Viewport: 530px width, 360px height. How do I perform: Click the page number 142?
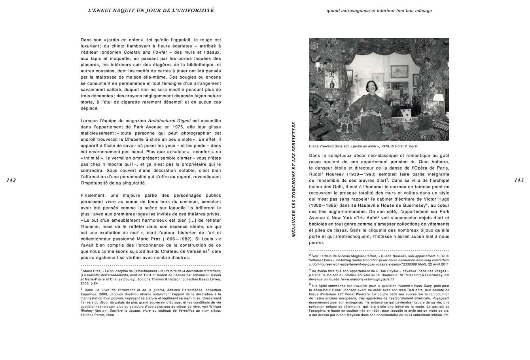pyautogui.click(x=11, y=180)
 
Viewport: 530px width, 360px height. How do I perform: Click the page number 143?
pyautogui.click(x=519, y=180)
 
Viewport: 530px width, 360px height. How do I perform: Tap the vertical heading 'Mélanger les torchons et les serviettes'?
pyautogui.click(x=294, y=179)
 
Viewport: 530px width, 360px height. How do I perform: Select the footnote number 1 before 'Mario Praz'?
pyautogui.click(x=81, y=270)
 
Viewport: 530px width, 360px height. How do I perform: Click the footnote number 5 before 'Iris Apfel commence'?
pyautogui.click(x=310, y=284)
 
